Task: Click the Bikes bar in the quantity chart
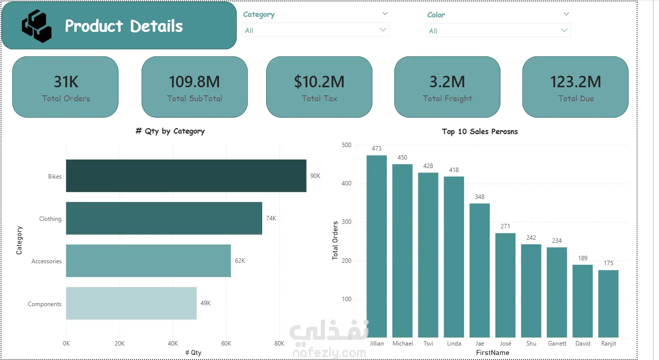186,176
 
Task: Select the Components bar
131,303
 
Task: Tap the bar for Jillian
376,246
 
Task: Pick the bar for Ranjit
608,304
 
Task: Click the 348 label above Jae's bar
480,196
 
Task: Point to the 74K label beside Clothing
271,218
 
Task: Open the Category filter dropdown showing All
316,30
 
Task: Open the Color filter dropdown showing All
498,30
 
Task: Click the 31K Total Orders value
66,82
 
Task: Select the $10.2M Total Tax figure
319,82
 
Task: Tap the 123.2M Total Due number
575,82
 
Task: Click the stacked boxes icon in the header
37,26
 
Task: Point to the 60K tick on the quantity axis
226,343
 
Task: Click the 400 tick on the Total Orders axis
346,183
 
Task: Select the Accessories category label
46,261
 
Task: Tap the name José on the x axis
505,343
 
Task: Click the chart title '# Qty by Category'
170,131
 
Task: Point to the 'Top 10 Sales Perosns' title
480,132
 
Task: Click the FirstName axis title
493,353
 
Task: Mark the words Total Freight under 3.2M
447,98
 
